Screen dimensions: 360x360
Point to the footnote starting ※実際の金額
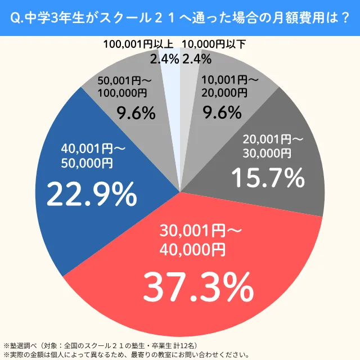(x=127, y=354)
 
